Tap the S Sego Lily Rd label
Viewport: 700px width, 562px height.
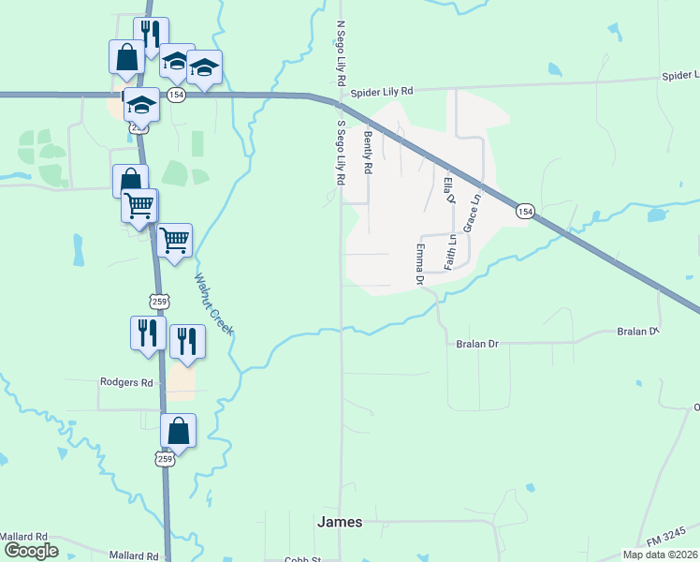tap(342, 151)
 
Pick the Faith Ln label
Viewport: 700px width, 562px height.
tap(450, 250)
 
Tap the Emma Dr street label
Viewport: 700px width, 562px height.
tap(420, 264)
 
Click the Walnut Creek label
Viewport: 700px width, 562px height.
tap(212, 303)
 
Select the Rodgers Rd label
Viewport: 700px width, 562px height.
tap(126, 382)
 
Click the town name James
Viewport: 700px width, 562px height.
tap(340, 522)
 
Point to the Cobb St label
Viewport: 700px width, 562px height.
tap(302, 558)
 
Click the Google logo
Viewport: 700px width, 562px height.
tap(30, 551)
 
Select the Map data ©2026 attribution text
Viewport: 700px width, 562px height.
tap(659, 555)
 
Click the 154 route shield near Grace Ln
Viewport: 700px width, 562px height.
tap(524, 213)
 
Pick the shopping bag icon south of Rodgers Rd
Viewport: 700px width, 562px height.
tap(178, 432)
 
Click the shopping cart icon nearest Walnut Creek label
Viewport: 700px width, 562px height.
tap(175, 241)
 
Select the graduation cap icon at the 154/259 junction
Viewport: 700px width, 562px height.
tap(141, 103)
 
